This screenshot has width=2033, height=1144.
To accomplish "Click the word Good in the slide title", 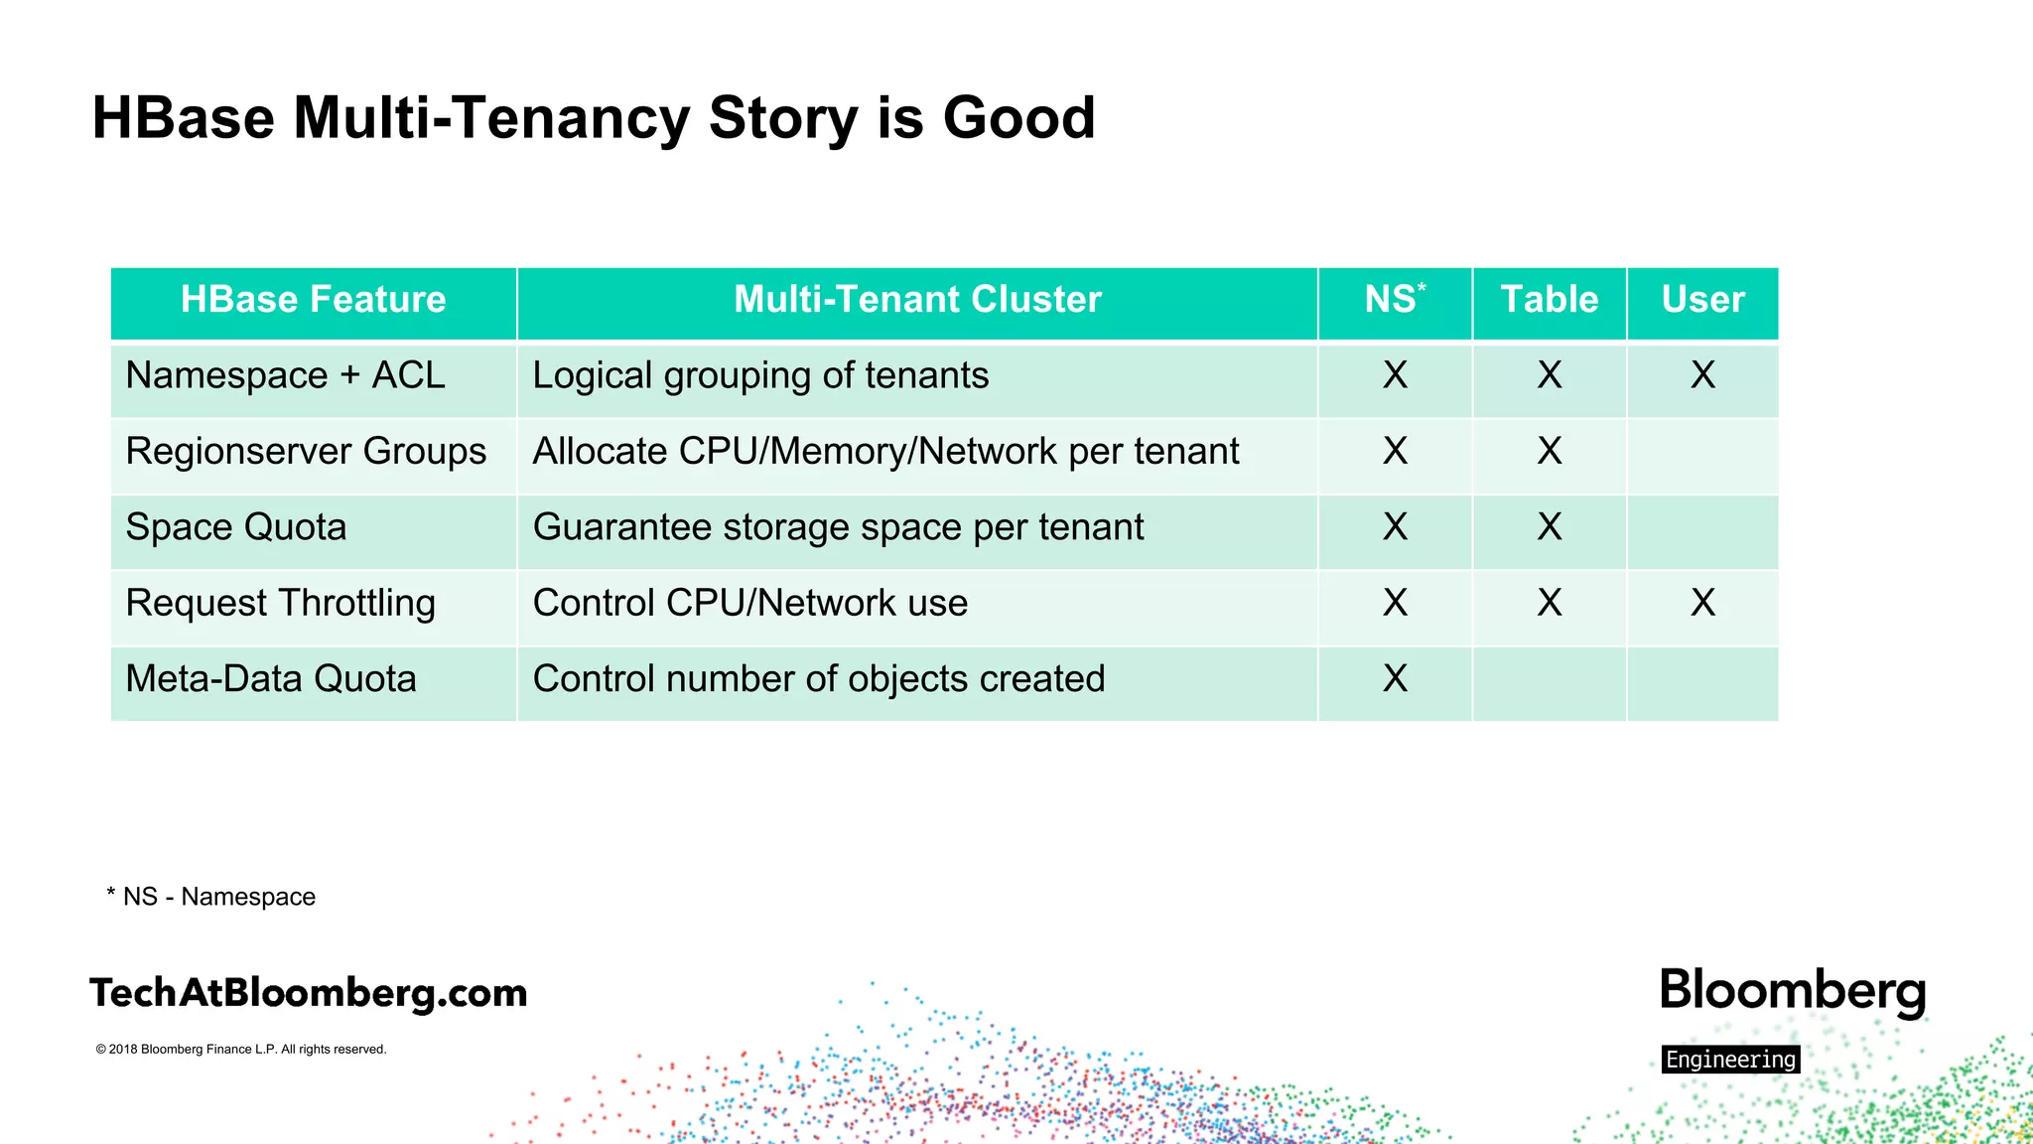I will (1017, 118).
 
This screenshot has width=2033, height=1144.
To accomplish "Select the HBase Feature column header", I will (313, 300).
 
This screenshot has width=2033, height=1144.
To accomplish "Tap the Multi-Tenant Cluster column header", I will (917, 300).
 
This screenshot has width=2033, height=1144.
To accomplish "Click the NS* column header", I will (1394, 300).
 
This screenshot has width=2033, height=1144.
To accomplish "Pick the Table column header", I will (1549, 300).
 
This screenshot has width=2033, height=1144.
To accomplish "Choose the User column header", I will (1702, 300).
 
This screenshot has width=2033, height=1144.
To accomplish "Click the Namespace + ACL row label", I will (286, 376).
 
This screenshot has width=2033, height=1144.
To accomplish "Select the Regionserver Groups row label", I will (306, 452).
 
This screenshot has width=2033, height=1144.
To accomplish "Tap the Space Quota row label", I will (236, 527).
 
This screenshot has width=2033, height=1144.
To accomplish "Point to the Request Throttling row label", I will (281, 604).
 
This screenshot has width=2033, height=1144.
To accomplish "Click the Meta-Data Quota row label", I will (271, 679).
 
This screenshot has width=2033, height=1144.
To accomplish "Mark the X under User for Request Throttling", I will (1702, 603).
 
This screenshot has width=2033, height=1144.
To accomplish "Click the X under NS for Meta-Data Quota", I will (1395, 679).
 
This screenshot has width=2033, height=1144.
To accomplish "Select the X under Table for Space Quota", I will (1549, 527).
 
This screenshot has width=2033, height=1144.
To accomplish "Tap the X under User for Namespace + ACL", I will (1702, 375).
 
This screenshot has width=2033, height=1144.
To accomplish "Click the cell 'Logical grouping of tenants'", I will (760, 376).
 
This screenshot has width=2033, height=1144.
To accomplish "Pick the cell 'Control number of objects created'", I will (819, 679).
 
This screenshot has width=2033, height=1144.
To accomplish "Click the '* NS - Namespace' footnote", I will (211, 897).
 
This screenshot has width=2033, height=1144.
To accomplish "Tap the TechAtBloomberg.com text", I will (309, 993).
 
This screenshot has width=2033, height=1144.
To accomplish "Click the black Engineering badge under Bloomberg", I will (1730, 1060).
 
